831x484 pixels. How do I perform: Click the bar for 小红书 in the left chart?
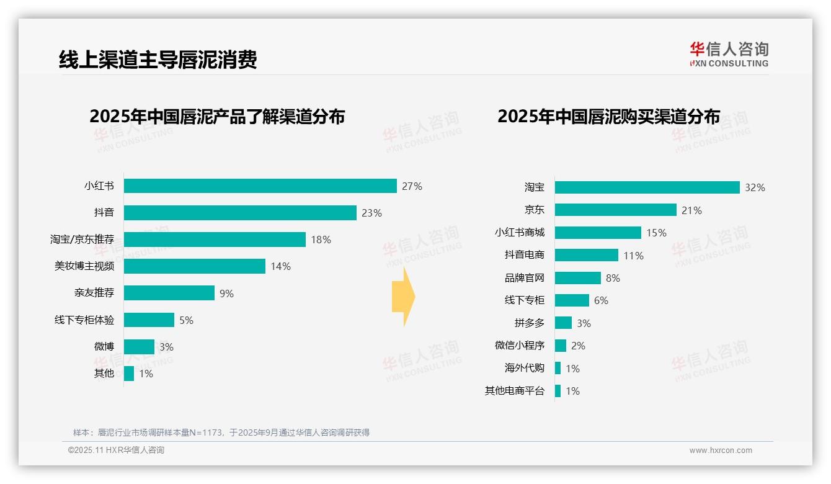(260, 186)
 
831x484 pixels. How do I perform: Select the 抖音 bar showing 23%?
(240, 213)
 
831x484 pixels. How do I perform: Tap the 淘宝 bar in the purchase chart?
(647, 187)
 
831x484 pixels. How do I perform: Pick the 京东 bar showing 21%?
(615, 210)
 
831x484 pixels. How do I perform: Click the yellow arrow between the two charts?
(403, 297)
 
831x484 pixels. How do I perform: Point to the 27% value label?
(412, 186)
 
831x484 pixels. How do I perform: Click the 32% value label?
(755, 187)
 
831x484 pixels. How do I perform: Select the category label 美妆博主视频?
(84, 266)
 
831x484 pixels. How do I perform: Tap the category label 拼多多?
(529, 323)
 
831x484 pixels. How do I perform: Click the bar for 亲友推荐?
(169, 293)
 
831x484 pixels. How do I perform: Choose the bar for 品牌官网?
(577, 278)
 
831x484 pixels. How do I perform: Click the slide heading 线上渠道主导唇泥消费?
(158, 60)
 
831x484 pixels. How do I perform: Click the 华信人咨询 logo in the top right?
(729, 54)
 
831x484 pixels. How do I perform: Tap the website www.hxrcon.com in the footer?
(720, 450)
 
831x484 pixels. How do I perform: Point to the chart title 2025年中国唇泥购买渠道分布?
(608, 117)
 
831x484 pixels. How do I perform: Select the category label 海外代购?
(524, 368)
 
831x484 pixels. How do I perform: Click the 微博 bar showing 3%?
(139, 347)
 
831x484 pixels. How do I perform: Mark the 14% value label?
(280, 266)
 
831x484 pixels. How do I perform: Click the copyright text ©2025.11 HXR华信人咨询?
(116, 450)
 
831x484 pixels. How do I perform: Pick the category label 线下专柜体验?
(84, 320)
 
